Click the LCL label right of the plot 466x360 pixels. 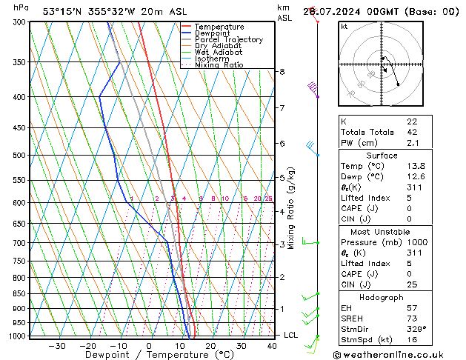pos(291,335)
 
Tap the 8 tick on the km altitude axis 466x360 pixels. pos(282,72)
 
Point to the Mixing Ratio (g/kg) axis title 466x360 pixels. pos(291,208)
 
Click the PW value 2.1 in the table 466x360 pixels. pos(412,143)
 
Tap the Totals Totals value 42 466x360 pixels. pos(412,132)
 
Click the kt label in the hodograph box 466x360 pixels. pos(344,26)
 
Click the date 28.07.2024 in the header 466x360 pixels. pos(347,12)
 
